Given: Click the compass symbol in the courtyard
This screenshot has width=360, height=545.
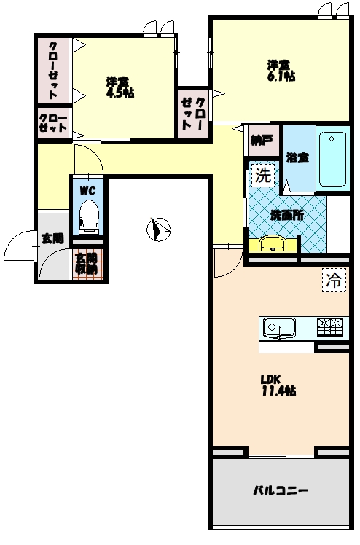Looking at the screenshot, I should click(x=158, y=230).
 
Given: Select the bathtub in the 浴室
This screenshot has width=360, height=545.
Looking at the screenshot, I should click(x=334, y=159).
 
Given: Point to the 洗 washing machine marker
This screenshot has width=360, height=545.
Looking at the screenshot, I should click(x=262, y=175).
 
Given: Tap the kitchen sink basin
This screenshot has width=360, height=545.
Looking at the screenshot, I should click(x=278, y=328).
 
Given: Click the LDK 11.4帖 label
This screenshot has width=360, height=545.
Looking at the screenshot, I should click(x=278, y=385).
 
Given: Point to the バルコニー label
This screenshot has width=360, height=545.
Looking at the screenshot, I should click(x=281, y=491).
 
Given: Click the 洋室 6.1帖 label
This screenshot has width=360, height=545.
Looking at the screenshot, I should click(x=279, y=70).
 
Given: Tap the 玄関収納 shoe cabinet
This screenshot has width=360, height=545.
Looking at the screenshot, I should click(x=87, y=263).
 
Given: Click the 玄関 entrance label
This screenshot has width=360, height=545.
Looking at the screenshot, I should click(x=52, y=238).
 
